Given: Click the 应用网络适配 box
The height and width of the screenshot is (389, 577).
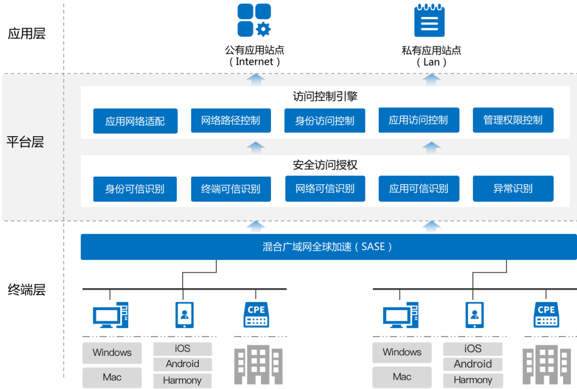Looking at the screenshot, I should [135, 121].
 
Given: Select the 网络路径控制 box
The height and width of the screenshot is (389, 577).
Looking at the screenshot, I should [231, 121].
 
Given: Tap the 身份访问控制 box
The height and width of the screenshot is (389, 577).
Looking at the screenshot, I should [325, 121].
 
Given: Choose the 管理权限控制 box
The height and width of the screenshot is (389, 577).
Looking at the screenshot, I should [513, 120].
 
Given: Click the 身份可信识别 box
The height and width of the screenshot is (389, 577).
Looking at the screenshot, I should [135, 189].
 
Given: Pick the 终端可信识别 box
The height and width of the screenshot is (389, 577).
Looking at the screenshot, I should [231, 189].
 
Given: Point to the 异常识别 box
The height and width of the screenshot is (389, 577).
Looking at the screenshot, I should [513, 188].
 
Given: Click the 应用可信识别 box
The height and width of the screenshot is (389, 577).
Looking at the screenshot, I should [419, 188].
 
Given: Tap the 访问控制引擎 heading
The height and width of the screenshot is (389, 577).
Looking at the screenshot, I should [325, 97].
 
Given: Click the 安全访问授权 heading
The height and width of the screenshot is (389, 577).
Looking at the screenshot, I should [325, 165].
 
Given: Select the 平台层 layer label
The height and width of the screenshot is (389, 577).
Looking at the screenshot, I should [25, 142].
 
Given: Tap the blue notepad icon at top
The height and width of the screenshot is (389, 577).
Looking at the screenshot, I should [430, 20].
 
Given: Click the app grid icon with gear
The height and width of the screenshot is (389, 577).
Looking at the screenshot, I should [254, 20].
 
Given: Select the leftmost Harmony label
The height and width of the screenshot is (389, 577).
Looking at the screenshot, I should [182, 380].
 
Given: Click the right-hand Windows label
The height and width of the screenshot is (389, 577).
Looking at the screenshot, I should [402, 352].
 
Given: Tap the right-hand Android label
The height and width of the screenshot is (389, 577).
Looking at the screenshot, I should [473, 364].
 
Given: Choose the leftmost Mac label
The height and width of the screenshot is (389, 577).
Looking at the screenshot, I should [112, 377].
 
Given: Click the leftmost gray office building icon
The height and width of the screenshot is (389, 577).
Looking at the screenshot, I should [259, 365].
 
